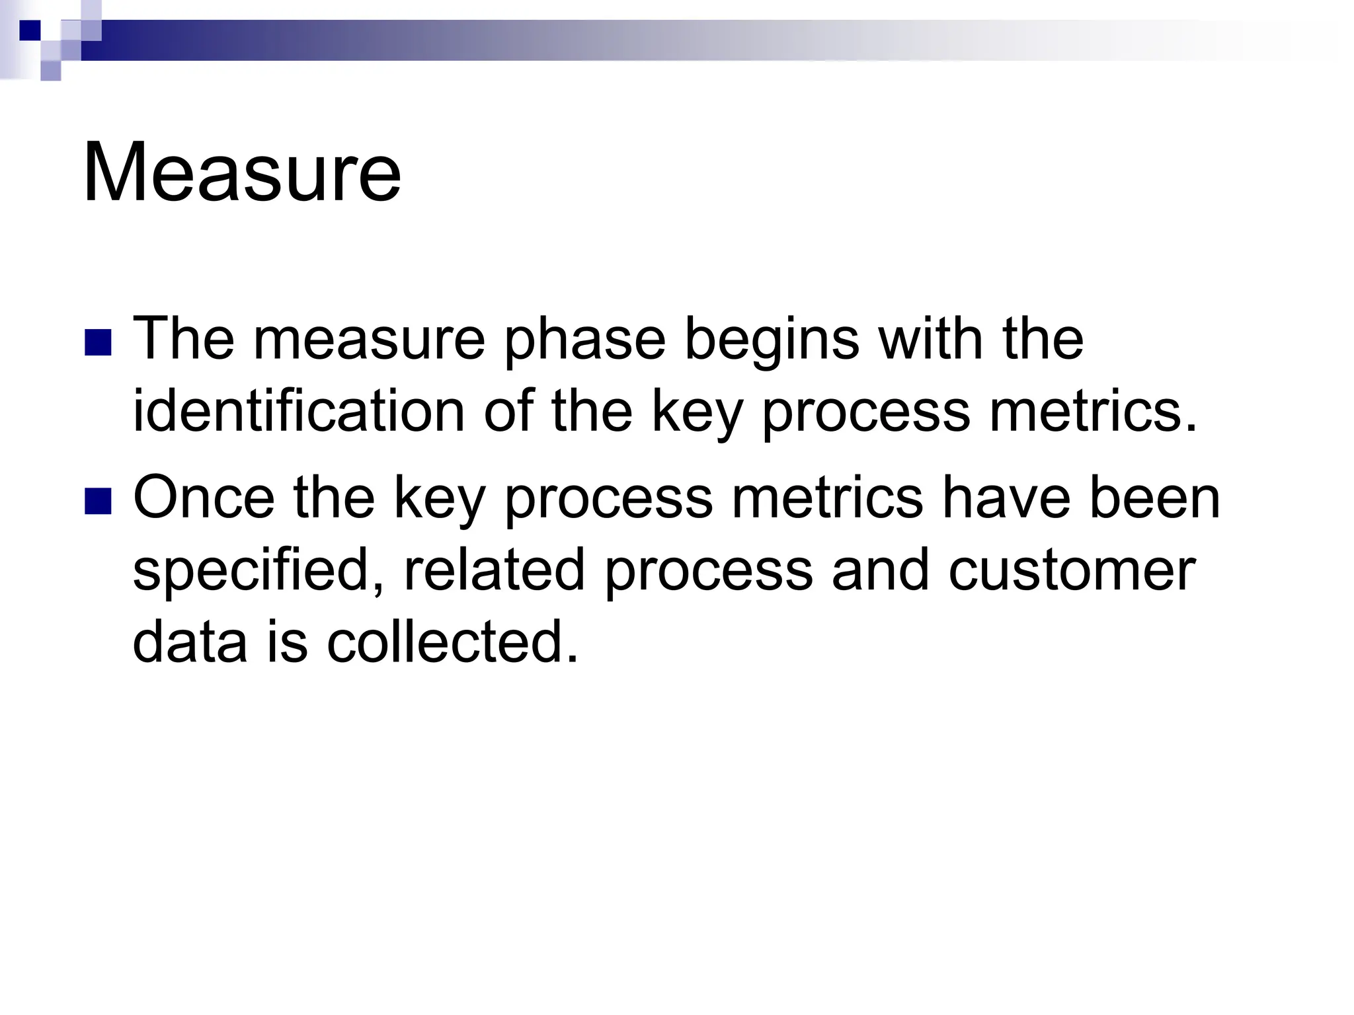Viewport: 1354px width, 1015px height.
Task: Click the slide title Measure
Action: (242, 173)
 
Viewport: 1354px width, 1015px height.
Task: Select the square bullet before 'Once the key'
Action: (98, 500)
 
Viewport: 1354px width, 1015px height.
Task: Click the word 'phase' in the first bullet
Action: (584, 340)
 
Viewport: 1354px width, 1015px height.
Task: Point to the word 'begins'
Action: (772, 340)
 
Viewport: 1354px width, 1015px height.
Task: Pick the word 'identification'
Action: (299, 411)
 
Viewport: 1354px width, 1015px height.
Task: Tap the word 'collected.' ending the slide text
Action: (453, 642)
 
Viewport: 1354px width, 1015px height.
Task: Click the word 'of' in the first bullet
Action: (508, 411)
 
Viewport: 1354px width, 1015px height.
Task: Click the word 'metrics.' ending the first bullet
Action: (1094, 411)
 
